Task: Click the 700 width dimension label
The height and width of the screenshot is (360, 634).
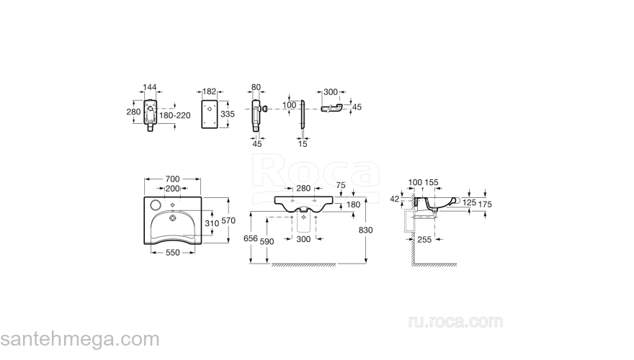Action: click(x=173, y=179)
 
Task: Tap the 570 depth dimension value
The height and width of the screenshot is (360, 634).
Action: click(x=228, y=220)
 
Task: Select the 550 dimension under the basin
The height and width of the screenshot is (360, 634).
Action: click(x=173, y=253)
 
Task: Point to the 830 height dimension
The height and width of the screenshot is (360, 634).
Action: click(x=365, y=230)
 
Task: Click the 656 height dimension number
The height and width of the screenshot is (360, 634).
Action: click(x=251, y=238)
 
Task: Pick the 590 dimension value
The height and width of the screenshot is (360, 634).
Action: click(x=267, y=241)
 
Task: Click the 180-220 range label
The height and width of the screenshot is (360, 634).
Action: click(x=174, y=115)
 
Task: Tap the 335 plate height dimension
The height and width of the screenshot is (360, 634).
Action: click(x=228, y=114)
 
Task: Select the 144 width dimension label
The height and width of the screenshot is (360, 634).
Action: click(x=150, y=87)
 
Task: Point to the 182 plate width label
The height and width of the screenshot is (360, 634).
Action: click(x=209, y=91)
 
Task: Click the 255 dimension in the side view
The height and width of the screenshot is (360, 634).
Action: click(x=424, y=240)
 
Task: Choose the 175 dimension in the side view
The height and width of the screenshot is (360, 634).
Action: click(x=485, y=204)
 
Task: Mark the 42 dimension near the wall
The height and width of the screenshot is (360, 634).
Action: click(x=395, y=199)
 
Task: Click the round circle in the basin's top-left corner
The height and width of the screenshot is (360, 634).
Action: click(x=156, y=205)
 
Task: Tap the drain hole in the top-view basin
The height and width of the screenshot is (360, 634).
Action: click(x=173, y=218)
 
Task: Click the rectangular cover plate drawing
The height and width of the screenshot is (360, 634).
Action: click(x=210, y=114)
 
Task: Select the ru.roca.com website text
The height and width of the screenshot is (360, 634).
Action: click(x=455, y=322)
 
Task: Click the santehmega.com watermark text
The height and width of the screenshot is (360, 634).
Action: click(x=80, y=339)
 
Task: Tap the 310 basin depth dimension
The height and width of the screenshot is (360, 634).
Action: click(x=212, y=223)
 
